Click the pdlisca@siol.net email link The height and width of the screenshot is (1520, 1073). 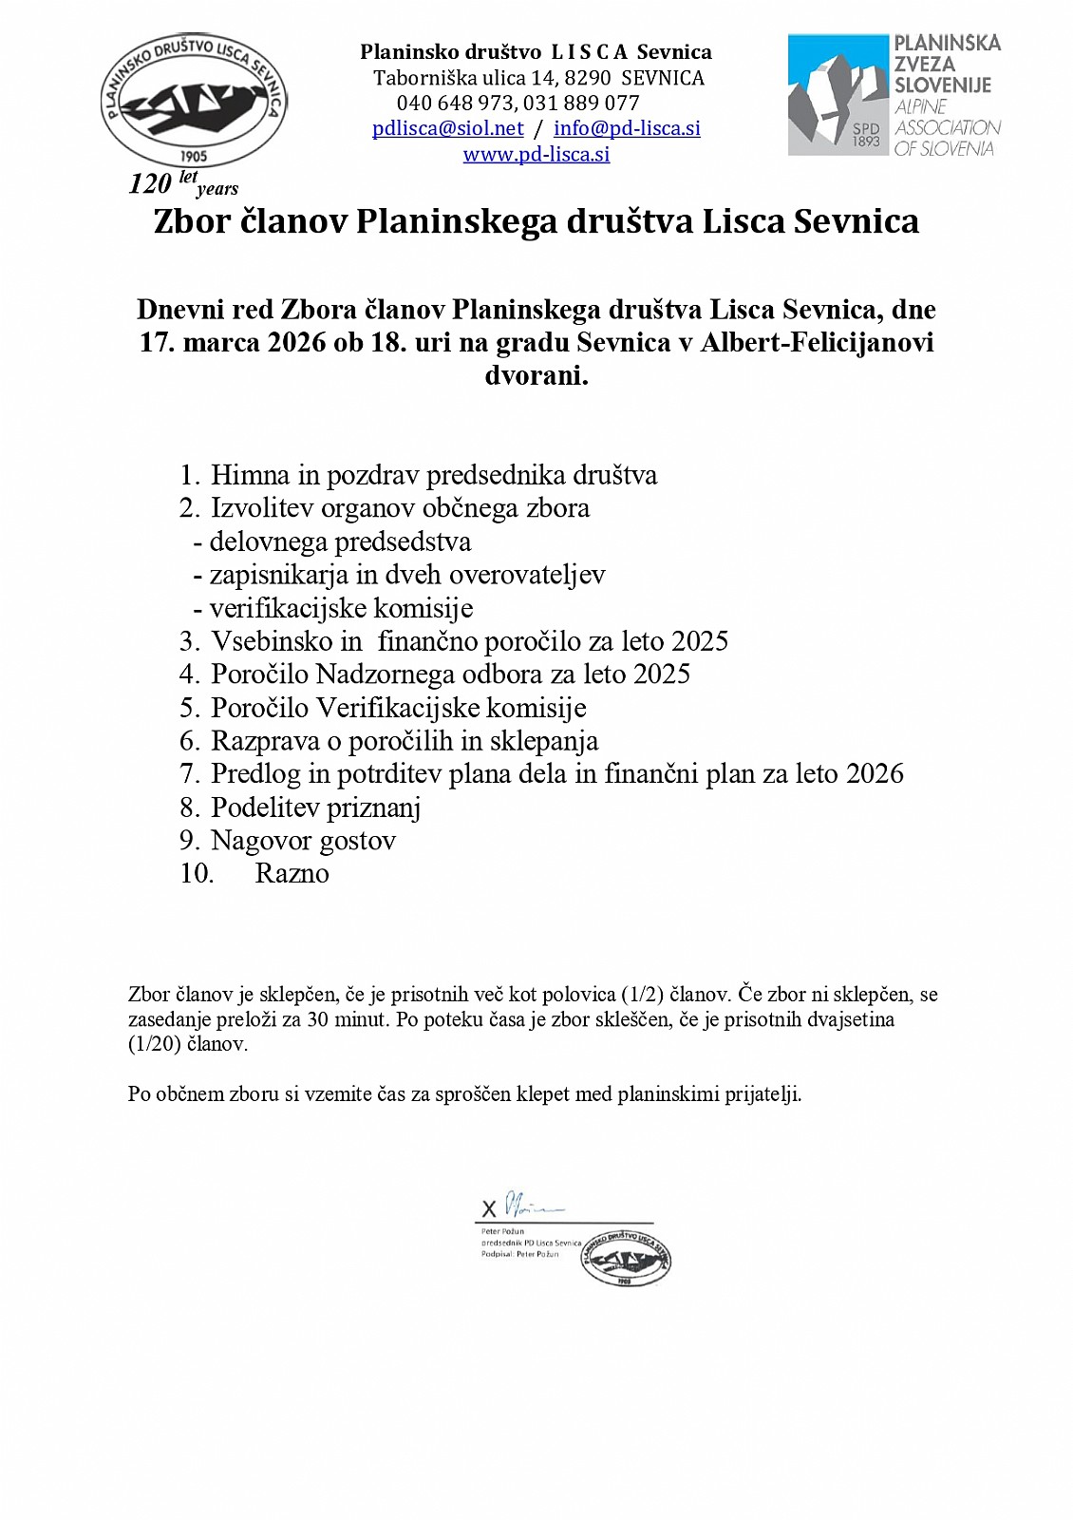point(448,128)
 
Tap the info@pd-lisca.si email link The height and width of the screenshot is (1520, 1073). point(627,128)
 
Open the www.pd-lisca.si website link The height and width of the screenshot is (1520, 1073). point(536,154)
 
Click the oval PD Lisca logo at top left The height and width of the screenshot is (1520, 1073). point(194,102)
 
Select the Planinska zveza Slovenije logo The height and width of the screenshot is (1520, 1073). point(894,95)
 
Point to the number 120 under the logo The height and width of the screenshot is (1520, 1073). point(150,183)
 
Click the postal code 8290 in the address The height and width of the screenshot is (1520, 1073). point(587,78)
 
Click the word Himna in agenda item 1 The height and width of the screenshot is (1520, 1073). point(250,475)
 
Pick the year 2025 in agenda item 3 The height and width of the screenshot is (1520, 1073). point(699,641)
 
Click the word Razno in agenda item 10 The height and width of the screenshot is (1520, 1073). point(292,874)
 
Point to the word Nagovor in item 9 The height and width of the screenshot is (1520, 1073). point(254,841)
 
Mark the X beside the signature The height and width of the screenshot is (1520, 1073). point(489,1209)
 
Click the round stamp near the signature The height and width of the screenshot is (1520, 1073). point(626,1259)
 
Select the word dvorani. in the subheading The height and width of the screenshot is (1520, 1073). point(536,375)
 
